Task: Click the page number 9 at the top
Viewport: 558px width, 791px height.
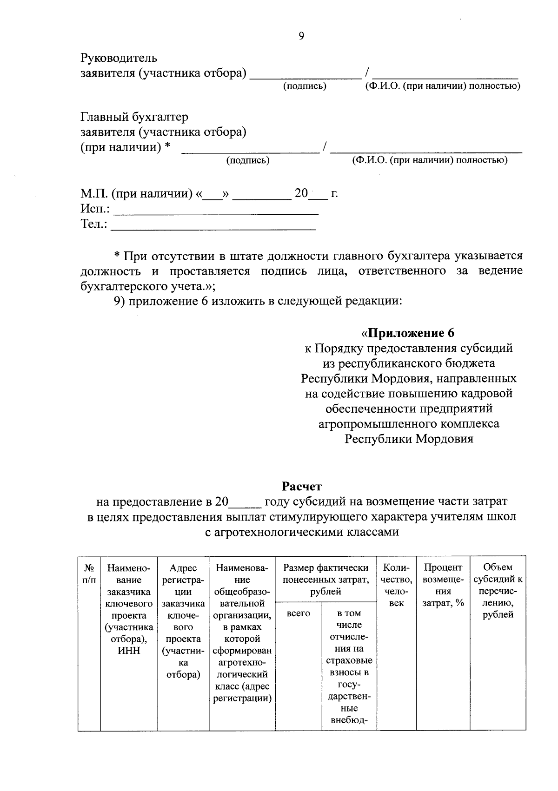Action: click(301, 36)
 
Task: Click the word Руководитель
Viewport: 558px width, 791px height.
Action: click(119, 59)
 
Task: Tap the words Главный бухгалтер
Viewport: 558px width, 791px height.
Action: click(134, 117)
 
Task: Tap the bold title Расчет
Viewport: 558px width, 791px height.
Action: click(301, 487)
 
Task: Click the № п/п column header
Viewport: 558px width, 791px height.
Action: click(89, 573)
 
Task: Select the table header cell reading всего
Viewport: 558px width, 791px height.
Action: click(299, 613)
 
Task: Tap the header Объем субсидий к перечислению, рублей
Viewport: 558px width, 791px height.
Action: click(498, 591)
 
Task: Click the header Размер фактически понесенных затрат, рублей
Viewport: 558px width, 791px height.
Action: click(325, 579)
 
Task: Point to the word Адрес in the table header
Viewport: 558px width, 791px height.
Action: click(183, 568)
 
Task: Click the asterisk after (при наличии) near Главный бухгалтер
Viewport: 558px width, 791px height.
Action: click(167, 147)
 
